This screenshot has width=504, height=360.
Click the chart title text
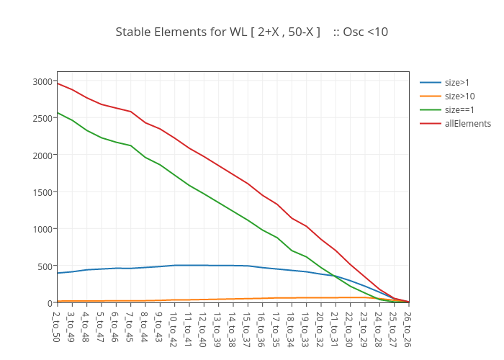click(x=251, y=32)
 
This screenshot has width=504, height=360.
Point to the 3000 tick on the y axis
click(x=42, y=81)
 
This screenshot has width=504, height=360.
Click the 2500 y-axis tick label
click(x=42, y=118)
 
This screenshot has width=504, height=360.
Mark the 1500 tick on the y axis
click(x=42, y=192)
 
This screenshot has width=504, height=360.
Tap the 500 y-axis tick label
click(x=45, y=266)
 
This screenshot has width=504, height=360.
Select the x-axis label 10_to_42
click(x=174, y=325)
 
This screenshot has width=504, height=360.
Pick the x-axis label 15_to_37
click(x=248, y=325)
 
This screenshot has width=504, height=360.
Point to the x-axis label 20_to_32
click(x=321, y=325)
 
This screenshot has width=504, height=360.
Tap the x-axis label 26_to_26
click(x=408, y=325)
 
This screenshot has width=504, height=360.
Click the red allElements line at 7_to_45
click(x=130, y=112)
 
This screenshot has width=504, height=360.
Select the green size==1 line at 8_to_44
click(x=145, y=157)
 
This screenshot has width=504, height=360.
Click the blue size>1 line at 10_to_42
click(x=174, y=265)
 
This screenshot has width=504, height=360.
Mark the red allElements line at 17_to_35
click(x=277, y=204)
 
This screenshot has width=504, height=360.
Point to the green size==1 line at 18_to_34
click(x=292, y=251)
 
